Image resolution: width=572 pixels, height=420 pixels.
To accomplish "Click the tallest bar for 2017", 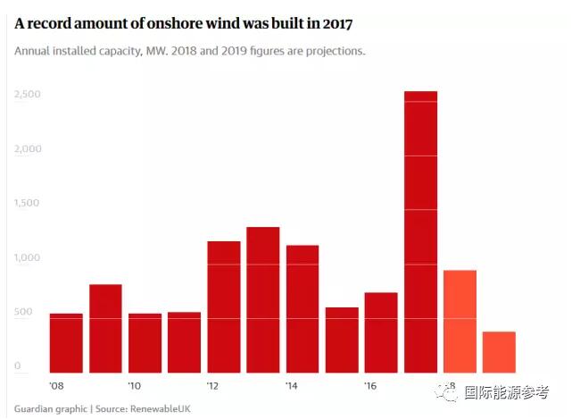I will click(x=420, y=231).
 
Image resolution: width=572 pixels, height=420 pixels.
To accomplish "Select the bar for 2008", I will click(x=66, y=343).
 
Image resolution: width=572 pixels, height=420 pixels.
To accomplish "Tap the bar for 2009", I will click(x=105, y=328).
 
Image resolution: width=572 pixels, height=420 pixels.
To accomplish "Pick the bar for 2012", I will click(x=223, y=307).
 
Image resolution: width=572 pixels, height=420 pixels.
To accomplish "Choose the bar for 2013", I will click(x=262, y=299).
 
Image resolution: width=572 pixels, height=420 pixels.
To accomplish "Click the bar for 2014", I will click(x=303, y=308).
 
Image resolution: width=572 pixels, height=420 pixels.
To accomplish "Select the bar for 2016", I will click(x=381, y=332).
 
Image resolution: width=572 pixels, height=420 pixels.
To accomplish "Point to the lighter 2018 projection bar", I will click(x=460, y=321).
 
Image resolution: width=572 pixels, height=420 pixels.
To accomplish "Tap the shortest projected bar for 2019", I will click(x=499, y=352).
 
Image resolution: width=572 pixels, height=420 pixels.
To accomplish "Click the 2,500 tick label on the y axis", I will click(x=29, y=94).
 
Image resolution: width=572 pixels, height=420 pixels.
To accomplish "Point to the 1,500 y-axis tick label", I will click(x=29, y=203).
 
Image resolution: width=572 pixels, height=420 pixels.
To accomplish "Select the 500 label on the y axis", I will click(x=23, y=312).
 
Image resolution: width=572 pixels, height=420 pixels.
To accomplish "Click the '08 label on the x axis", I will click(x=56, y=386).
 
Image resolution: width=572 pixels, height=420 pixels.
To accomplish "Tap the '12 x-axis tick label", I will click(x=214, y=386).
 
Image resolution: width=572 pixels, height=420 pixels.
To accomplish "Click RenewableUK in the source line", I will click(x=161, y=408).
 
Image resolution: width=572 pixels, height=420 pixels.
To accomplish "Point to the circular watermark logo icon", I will click(x=444, y=391).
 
